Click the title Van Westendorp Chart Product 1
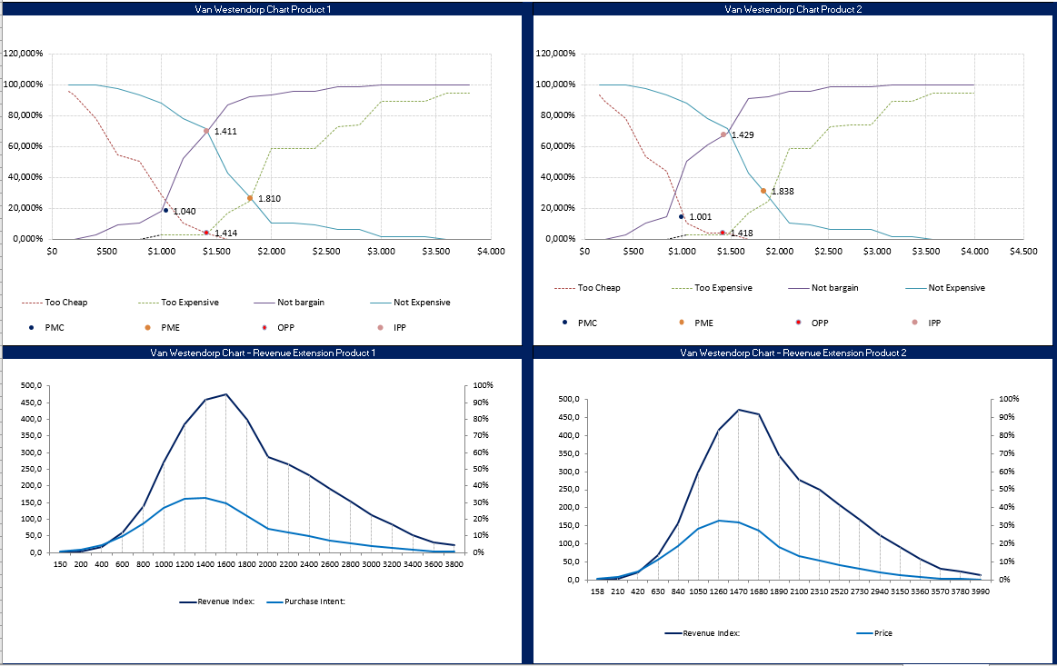[x=263, y=9]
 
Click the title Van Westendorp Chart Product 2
[x=793, y=9]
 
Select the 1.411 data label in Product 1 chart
[x=225, y=132]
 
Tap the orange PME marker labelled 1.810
[x=250, y=198]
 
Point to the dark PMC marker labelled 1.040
[x=165, y=210]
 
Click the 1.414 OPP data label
[x=226, y=234]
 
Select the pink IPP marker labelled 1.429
[x=723, y=134]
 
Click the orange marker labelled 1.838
[x=763, y=191]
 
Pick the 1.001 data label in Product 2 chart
[x=700, y=217]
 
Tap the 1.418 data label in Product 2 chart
[x=743, y=234]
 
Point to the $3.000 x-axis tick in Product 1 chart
[x=381, y=253]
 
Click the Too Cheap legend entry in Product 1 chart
[x=55, y=303]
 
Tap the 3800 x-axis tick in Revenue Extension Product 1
[x=456, y=564]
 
